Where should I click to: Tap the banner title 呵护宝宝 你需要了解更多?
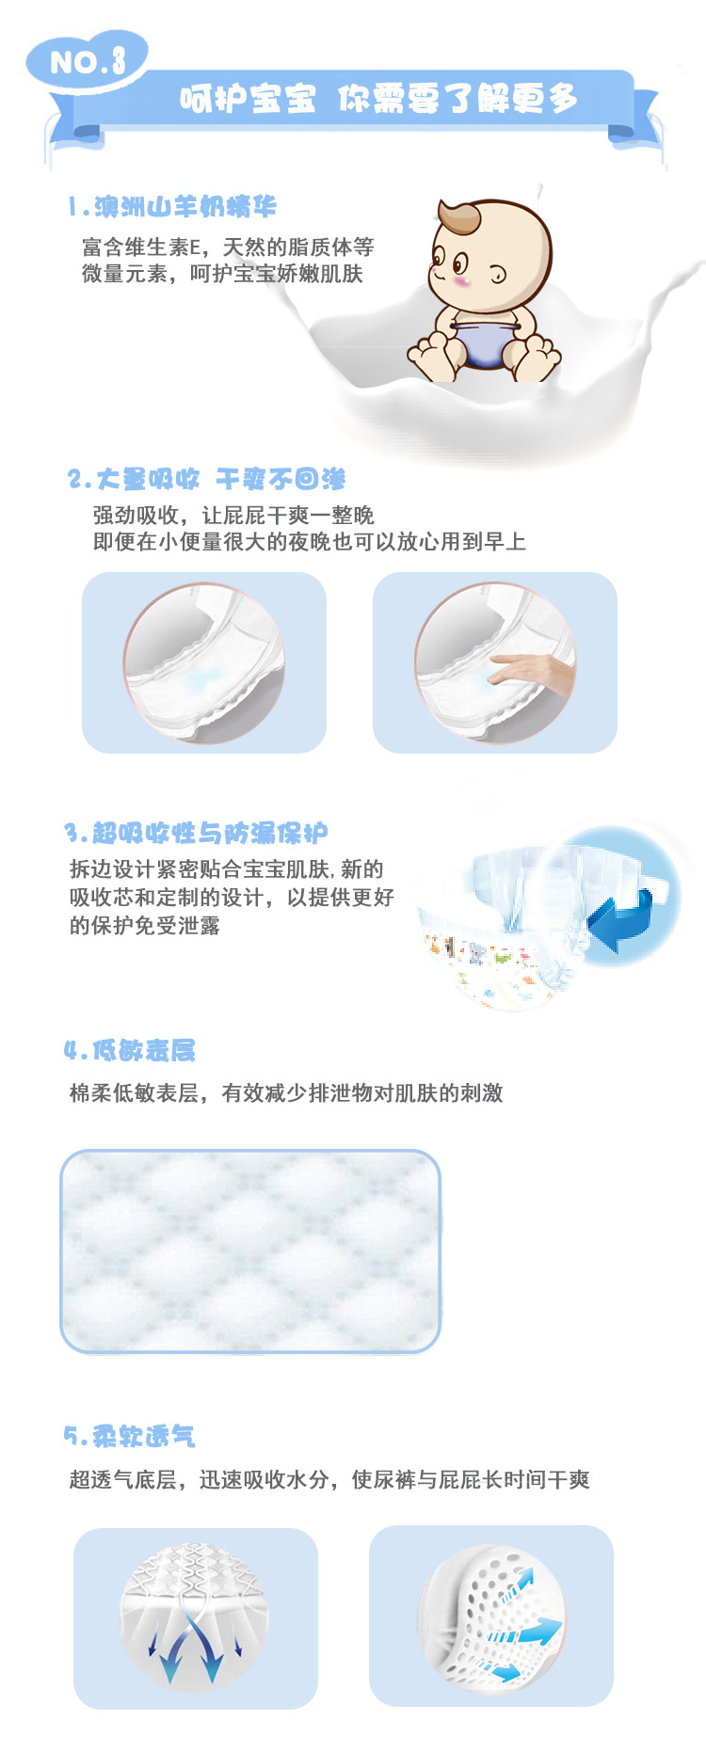tap(378, 98)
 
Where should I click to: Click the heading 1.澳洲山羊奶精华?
tap(172, 207)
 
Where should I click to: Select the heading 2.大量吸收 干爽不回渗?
tap(207, 479)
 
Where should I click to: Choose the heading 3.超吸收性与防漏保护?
tap(196, 833)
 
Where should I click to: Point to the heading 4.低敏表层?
tap(130, 1050)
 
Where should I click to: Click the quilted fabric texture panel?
tap(250, 1251)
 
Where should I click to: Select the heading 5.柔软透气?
tap(130, 1436)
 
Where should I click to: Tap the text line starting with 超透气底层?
tap(329, 1480)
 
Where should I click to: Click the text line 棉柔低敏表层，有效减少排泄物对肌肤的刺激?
tap(286, 1093)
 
